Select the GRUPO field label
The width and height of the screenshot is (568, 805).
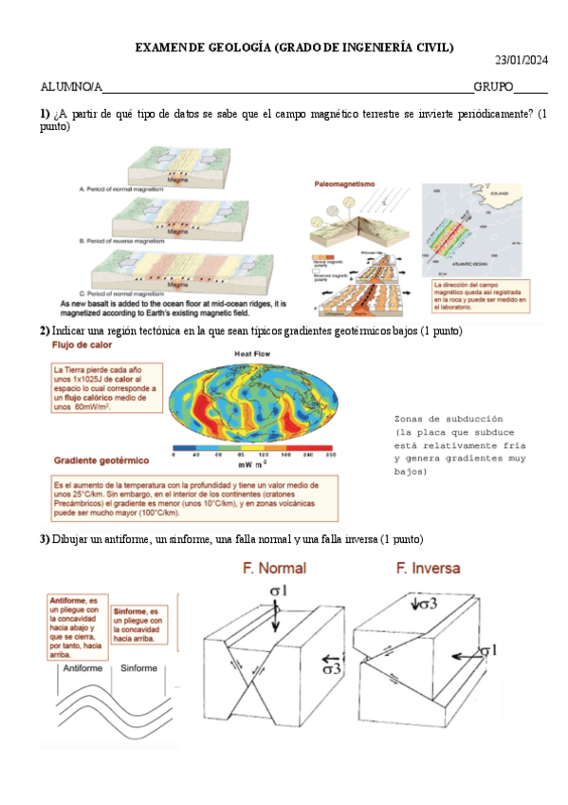tap(493, 87)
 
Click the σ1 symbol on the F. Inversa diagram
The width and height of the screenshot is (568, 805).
tap(487, 650)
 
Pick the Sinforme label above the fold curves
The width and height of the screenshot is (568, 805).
tap(138, 668)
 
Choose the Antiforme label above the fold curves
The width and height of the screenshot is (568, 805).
tap(82, 668)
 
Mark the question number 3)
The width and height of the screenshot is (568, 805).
tap(45, 539)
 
